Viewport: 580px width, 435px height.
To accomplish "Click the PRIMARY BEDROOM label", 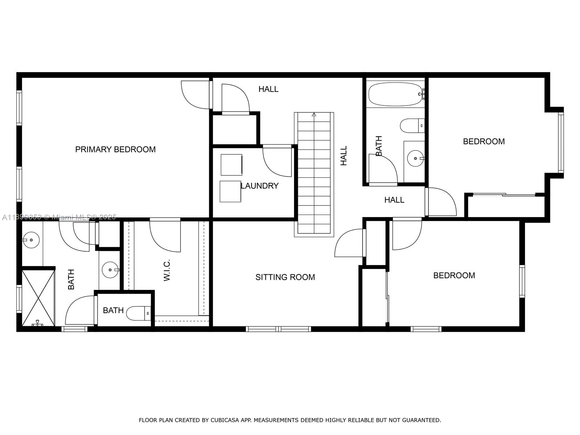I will pyautogui.click(x=115, y=149).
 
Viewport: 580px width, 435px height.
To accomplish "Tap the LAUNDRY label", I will pyautogui.click(x=260, y=186).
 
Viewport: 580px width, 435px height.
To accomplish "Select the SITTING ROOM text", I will pyautogui.click(x=285, y=277).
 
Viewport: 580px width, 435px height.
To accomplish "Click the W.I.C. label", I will pyautogui.click(x=167, y=270).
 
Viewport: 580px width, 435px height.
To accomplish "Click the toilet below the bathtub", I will pyautogui.click(x=412, y=126).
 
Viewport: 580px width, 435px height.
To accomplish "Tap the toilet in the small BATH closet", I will pyautogui.click(x=138, y=313).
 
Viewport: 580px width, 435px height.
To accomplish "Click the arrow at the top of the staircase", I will pyautogui.click(x=314, y=115).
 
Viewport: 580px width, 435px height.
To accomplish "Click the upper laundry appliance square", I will pyautogui.click(x=231, y=165).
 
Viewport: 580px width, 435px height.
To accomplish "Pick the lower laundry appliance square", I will pyautogui.click(x=230, y=191).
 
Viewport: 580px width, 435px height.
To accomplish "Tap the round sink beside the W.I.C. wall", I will pyautogui.click(x=110, y=270).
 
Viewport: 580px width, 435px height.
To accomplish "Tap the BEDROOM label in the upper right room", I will pyautogui.click(x=484, y=141).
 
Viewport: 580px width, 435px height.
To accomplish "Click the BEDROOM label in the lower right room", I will pyautogui.click(x=454, y=275).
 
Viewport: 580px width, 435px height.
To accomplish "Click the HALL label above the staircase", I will pyautogui.click(x=268, y=89).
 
